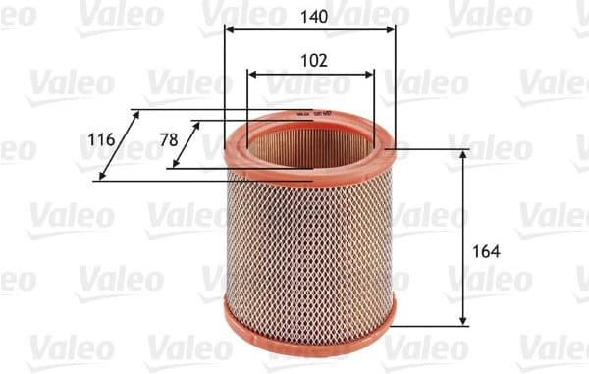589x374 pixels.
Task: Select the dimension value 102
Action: pos(312,60)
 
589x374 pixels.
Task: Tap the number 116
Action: pos(101,139)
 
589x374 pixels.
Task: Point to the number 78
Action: pos(168,139)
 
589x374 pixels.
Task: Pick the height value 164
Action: pos(486,251)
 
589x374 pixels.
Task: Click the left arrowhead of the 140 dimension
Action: pos(229,30)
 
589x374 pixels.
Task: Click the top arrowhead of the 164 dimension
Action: pos(463,153)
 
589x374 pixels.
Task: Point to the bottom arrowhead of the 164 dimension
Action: pos(463,322)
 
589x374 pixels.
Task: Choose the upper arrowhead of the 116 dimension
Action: pos(136,115)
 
